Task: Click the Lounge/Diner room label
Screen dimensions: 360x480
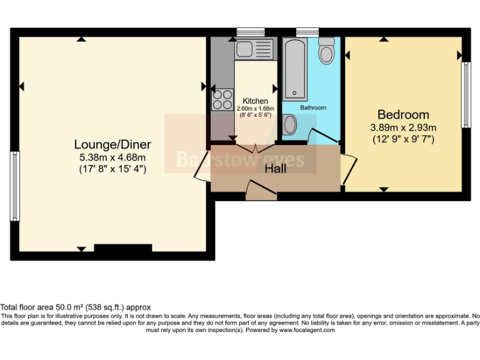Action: point(112,145)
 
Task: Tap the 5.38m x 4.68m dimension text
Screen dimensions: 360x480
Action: point(112,157)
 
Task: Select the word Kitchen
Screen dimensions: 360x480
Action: point(255,101)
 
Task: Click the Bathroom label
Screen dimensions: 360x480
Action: point(312,107)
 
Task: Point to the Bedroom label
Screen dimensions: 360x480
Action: point(403,115)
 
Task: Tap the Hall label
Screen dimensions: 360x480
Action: point(275,169)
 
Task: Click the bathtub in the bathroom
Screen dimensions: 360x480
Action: point(296,69)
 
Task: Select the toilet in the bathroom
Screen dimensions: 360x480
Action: point(326,52)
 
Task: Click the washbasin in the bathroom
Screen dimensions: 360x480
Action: point(289,125)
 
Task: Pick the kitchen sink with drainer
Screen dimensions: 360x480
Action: point(254,47)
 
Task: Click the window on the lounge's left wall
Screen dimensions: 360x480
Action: point(13,186)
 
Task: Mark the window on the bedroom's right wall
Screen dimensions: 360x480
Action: point(466,94)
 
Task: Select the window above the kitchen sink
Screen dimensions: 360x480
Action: point(250,31)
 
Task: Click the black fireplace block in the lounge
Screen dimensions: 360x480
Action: point(122,249)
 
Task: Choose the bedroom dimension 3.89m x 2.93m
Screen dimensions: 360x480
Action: point(403,127)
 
